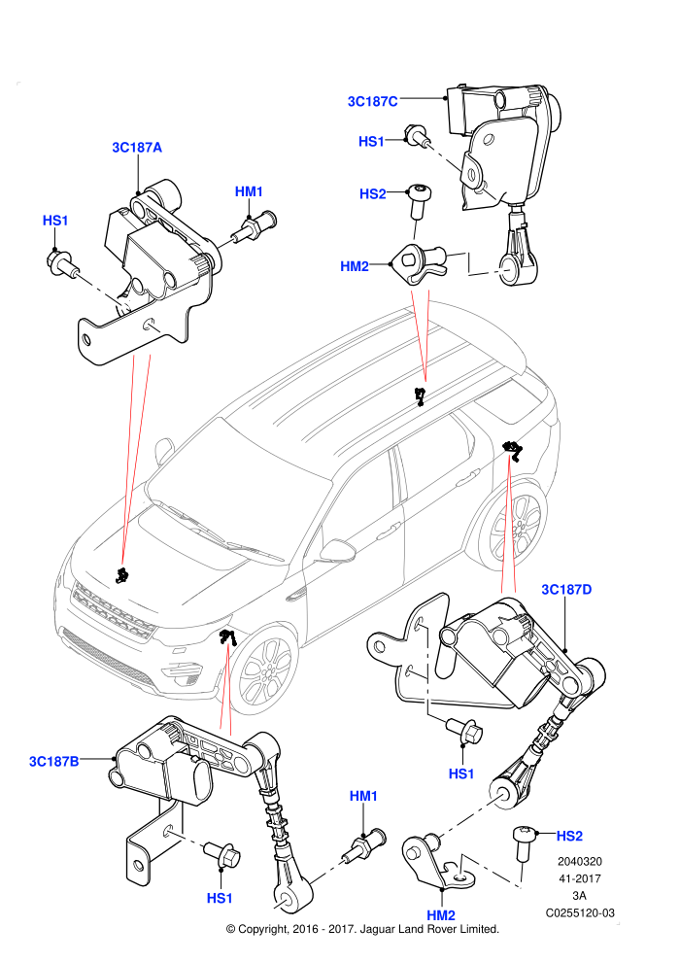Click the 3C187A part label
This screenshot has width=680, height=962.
137,148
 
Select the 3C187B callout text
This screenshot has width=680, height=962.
54,762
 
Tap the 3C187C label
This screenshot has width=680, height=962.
373,101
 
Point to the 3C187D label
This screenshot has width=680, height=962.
566,590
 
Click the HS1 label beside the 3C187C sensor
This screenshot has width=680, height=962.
371,141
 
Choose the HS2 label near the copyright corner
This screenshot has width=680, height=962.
569,836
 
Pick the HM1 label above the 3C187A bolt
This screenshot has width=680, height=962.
249,191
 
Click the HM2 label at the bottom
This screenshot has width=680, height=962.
441,915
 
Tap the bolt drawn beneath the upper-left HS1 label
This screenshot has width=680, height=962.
62,263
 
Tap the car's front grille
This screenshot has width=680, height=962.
113,610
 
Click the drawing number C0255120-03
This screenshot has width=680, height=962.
580,912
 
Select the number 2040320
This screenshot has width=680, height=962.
580,861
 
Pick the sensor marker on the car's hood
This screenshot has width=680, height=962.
122,575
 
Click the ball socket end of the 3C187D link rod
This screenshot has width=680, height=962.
509,795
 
